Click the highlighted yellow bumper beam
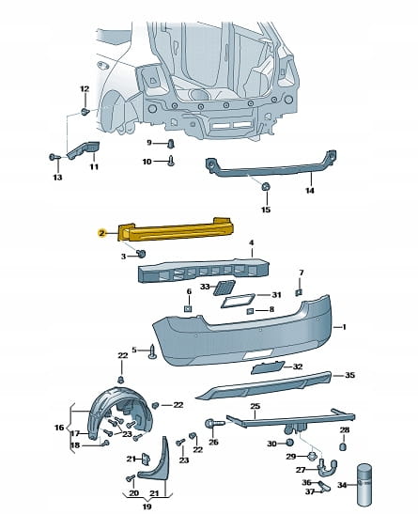pyautogui.click(x=176, y=230)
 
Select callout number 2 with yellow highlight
pyautogui.click(x=101, y=233)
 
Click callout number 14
pyautogui.click(x=310, y=191)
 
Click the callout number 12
pyautogui.click(x=85, y=89)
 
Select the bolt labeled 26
pyautogui.click(x=214, y=424)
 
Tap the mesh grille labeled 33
pyautogui.click(x=224, y=288)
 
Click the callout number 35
pyautogui.click(x=349, y=375)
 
